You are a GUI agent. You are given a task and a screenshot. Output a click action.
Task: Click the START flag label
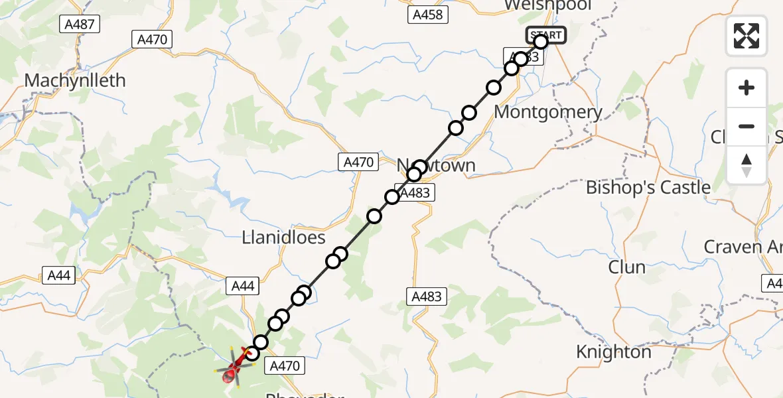point(546,35)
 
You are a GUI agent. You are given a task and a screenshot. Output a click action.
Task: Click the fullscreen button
point(747,35)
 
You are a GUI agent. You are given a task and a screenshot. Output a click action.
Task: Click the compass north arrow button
point(747,165)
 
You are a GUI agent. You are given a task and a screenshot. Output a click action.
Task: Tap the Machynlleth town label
point(74,81)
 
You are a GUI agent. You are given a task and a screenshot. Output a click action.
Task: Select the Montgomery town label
point(548,112)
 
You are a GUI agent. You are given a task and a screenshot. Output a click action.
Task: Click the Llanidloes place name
point(283,237)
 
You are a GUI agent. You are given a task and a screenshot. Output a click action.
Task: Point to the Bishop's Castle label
point(648,188)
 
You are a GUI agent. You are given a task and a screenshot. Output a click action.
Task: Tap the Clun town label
point(626,267)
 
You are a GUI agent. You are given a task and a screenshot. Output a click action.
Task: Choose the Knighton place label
point(613,352)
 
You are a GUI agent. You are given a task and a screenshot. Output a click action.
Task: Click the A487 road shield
point(80,25)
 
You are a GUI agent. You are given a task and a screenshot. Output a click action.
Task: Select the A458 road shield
point(427,15)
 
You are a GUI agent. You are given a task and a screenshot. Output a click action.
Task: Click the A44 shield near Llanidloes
point(243,286)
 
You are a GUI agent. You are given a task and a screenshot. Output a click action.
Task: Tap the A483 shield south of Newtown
point(427,297)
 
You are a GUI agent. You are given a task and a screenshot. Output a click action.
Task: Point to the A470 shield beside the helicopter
point(285,365)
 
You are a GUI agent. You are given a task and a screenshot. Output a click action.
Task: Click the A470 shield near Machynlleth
point(152,40)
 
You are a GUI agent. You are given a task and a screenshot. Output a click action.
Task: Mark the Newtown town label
point(436,165)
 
